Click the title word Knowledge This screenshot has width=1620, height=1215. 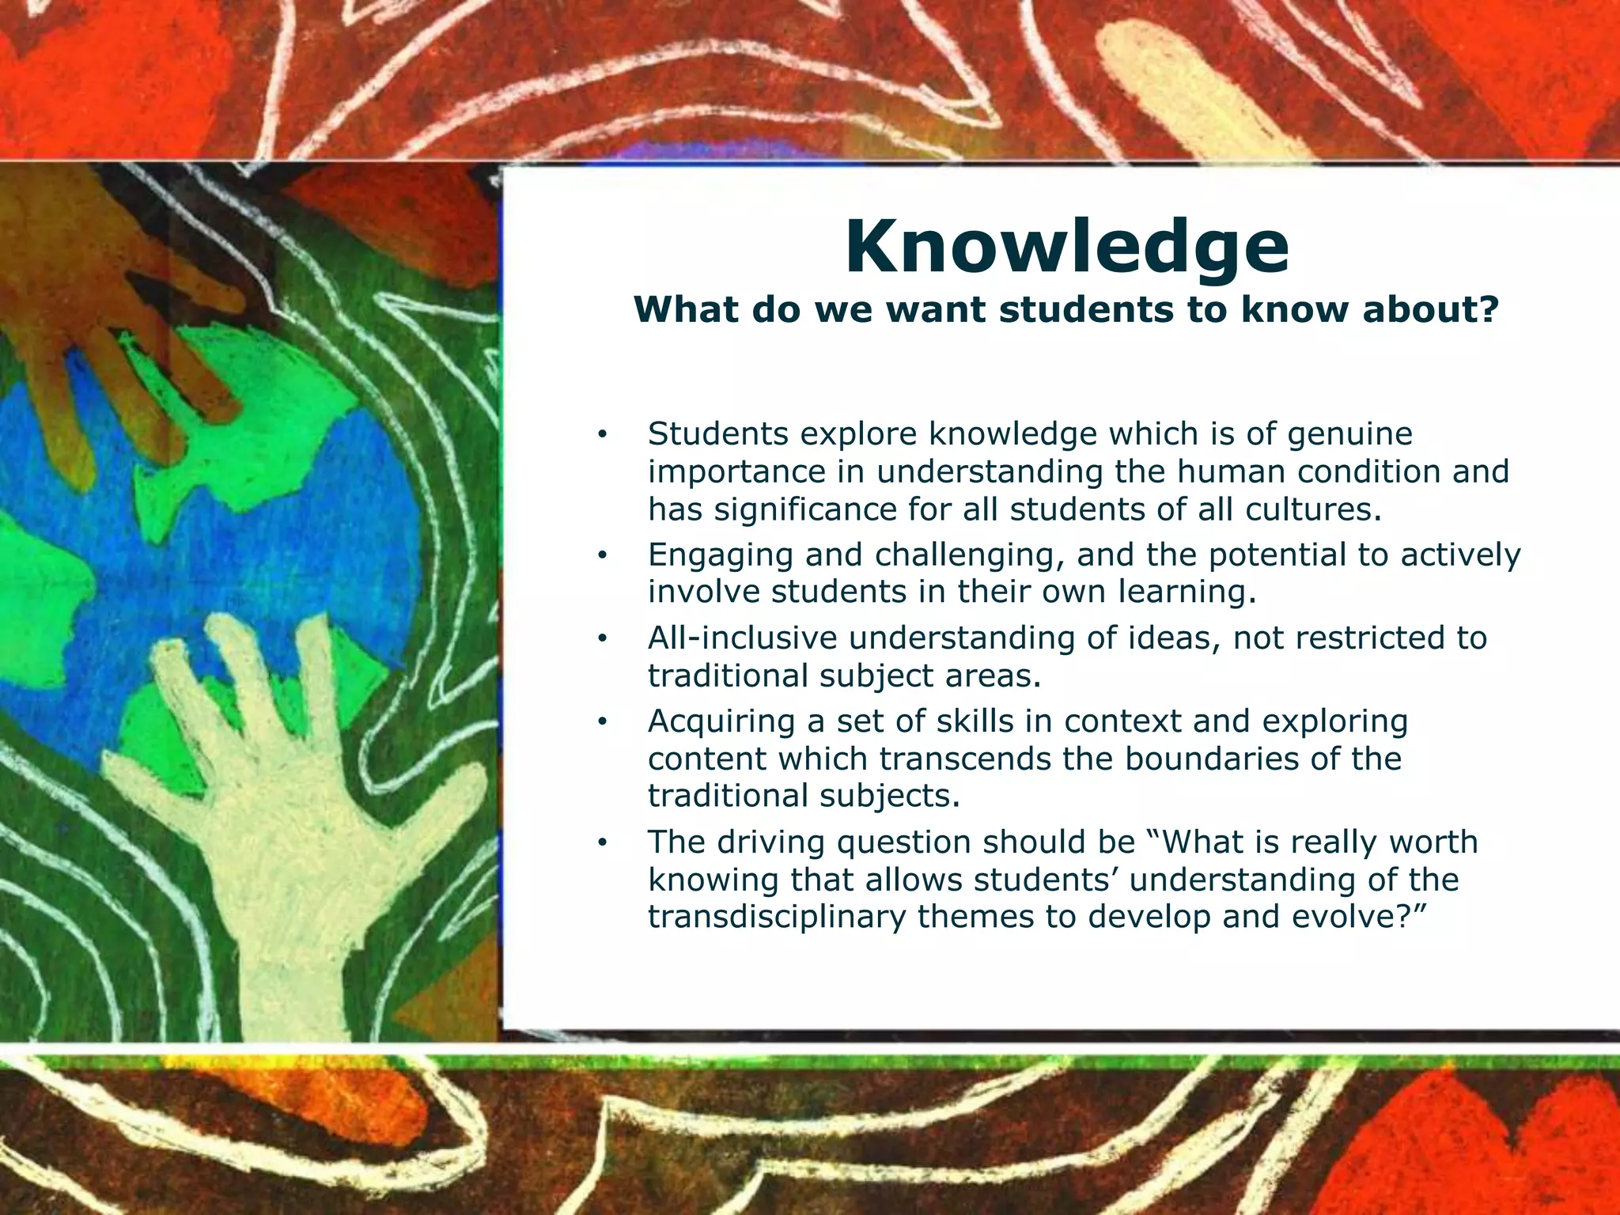click(x=1066, y=248)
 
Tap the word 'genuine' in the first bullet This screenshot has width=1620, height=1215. click(x=1349, y=434)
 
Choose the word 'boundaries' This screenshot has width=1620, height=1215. click(x=1212, y=759)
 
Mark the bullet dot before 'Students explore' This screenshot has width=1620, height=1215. click(x=602, y=435)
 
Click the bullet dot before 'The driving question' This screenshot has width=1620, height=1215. click(x=602, y=843)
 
